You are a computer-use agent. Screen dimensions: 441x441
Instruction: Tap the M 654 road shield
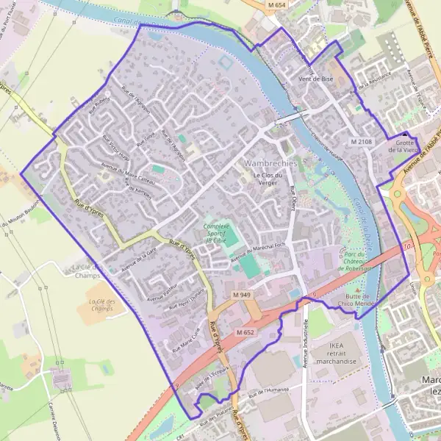pyautogui.click(x=276, y=5)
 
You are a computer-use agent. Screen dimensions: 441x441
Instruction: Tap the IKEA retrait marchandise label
pyautogui.click(x=337, y=352)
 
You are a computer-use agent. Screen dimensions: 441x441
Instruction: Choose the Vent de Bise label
pyautogui.click(x=316, y=79)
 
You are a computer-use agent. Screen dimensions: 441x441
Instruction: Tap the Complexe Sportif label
pyautogui.click(x=218, y=232)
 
